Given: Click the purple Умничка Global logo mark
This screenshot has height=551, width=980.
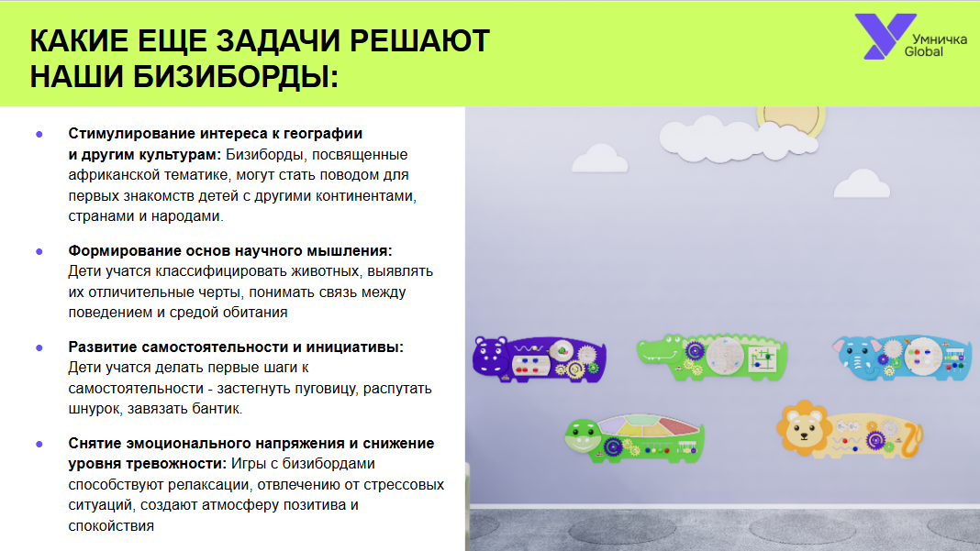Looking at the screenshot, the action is click(x=884, y=37).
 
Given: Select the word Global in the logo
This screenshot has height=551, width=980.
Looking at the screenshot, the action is click(x=924, y=52).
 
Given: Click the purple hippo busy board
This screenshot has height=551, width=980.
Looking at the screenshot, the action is click(x=539, y=358).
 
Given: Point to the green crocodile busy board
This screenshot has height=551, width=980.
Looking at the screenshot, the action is click(x=712, y=356).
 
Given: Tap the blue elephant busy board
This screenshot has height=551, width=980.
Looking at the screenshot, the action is click(x=902, y=357).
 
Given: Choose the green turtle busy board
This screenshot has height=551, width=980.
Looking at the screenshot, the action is click(x=635, y=438).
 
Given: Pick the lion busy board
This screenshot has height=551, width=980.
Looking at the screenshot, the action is click(x=850, y=430).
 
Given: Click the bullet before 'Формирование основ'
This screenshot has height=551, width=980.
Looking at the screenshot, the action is click(x=39, y=252).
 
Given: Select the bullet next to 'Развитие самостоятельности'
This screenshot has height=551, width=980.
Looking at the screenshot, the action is click(x=39, y=348).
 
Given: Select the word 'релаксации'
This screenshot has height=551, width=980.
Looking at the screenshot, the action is click(x=213, y=485).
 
